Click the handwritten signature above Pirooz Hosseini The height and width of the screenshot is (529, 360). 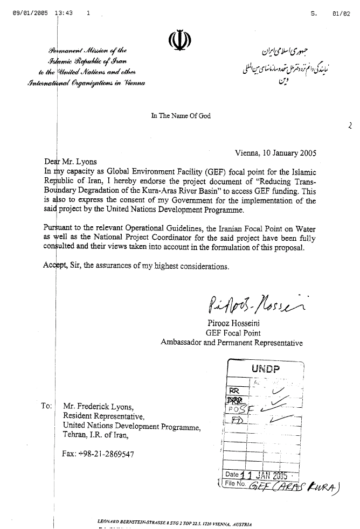pos(253,310)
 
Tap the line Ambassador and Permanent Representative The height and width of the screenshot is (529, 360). pos(232,343)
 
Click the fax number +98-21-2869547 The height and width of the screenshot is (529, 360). pos(111,453)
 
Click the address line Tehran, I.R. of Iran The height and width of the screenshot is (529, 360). pos(101,435)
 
